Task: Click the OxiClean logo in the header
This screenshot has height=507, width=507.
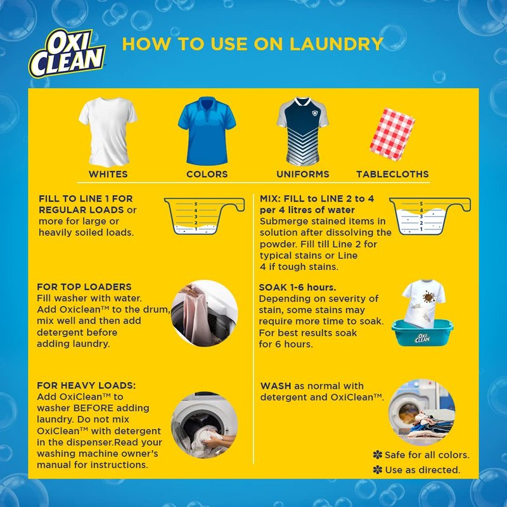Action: point(67,53)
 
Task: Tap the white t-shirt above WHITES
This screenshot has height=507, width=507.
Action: point(108,132)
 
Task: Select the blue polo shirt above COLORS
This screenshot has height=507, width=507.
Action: point(207,131)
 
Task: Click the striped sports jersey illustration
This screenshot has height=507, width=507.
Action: point(303,132)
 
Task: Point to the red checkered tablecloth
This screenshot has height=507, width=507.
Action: point(392,134)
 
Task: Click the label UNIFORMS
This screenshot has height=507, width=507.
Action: point(303,174)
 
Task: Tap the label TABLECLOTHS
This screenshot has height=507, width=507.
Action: point(392,174)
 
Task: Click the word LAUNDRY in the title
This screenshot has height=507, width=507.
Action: point(337,44)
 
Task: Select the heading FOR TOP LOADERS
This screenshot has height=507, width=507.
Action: point(84,287)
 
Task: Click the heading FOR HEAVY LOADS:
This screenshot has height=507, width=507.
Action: point(86,385)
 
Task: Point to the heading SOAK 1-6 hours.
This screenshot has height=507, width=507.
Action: point(297,287)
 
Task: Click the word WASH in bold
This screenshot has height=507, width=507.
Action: point(276,386)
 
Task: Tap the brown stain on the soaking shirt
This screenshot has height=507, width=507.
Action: point(428,297)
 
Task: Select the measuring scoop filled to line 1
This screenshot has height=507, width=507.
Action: point(204,215)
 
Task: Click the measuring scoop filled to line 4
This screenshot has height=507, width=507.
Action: point(430,215)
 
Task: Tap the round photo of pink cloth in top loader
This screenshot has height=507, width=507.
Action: point(204,313)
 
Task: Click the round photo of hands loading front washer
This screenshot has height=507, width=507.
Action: point(204,425)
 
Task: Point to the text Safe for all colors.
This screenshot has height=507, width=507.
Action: point(427,455)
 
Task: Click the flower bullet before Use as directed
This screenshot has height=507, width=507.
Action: point(377,470)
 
